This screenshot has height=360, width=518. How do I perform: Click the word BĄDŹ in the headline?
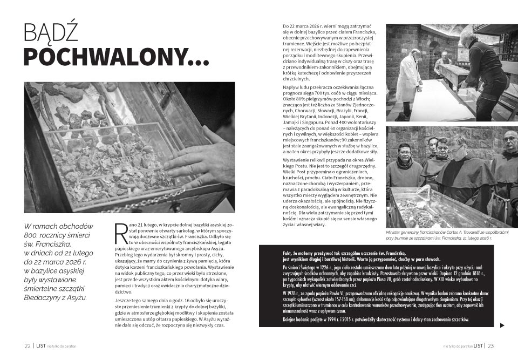pyautogui.click(x=51, y=33)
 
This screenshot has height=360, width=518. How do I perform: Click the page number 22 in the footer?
pyautogui.click(x=27, y=346)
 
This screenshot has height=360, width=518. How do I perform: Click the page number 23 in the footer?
pyautogui.click(x=491, y=346)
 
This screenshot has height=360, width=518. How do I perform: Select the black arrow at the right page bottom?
pyautogui.click(x=502, y=325)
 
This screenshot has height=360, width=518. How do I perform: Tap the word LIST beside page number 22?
pyautogui.click(x=40, y=346)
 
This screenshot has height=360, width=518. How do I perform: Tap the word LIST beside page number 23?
pyautogui.click(x=478, y=346)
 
